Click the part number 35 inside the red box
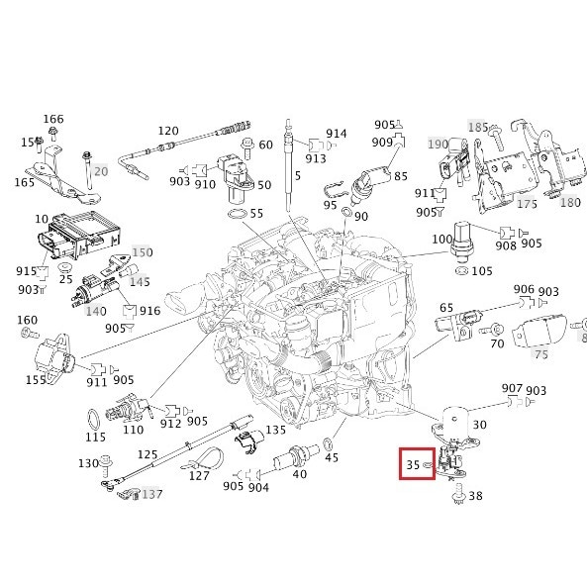click(x=412, y=462)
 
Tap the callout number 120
click(x=168, y=132)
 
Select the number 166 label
click(x=53, y=120)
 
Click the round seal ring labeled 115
click(x=94, y=415)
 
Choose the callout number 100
click(x=440, y=241)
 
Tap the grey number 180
click(x=570, y=202)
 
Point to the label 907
click(x=512, y=388)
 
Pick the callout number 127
click(x=199, y=474)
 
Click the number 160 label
click(x=28, y=320)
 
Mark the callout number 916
click(x=149, y=311)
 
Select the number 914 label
click(x=337, y=134)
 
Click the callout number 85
click(x=400, y=176)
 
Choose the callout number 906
click(x=525, y=289)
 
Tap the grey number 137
click(x=151, y=494)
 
